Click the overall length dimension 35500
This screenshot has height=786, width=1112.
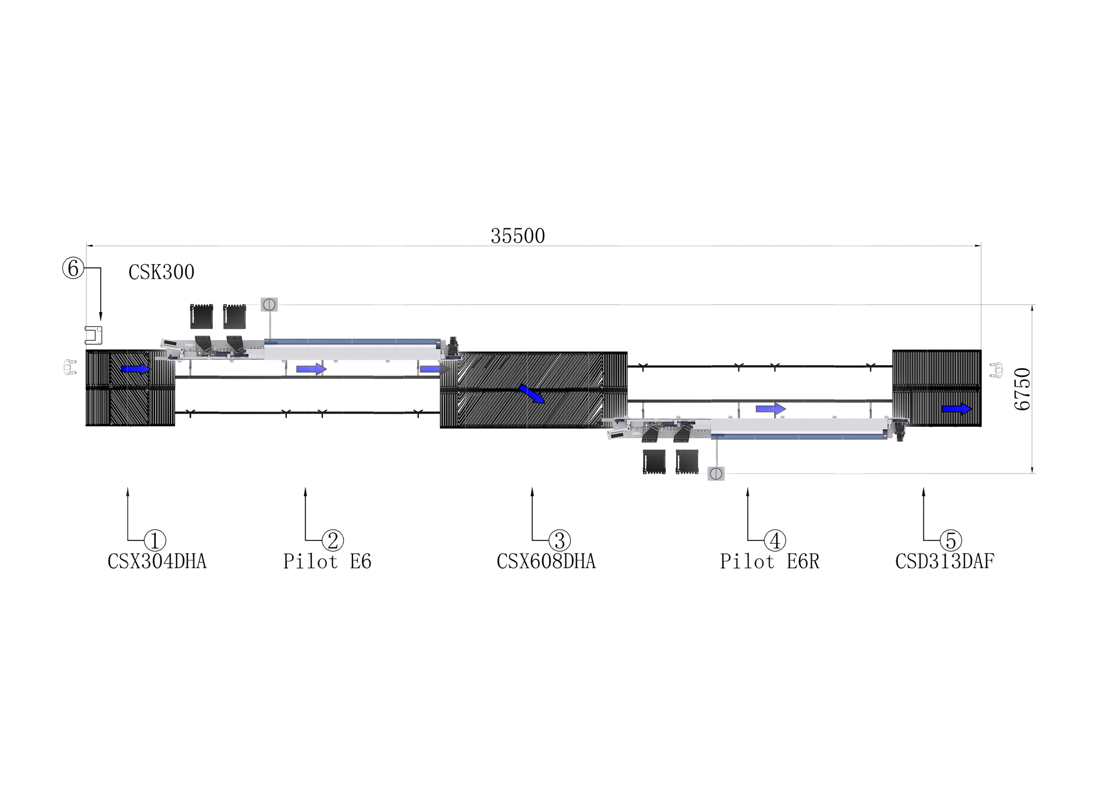tap(518, 236)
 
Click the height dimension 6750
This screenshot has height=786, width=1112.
tap(1022, 389)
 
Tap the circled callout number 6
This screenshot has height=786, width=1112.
tap(73, 268)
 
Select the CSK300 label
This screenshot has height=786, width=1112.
tap(161, 272)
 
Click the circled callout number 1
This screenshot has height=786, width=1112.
tap(155, 540)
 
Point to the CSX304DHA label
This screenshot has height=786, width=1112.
tap(157, 561)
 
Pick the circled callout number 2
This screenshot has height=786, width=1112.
tap(332, 540)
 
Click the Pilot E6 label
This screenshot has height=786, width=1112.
tap(327, 561)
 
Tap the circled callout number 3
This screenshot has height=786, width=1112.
tap(559, 540)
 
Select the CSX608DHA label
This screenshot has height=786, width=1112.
tap(546, 561)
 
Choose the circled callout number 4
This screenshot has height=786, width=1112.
tap(775, 540)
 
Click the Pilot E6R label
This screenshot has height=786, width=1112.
tap(770, 561)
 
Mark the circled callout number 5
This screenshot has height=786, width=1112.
tap(951, 540)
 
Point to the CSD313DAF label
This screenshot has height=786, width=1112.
tap(945, 561)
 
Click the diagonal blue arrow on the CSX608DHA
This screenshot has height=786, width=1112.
tap(532, 394)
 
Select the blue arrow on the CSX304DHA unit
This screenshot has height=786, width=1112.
tap(136, 369)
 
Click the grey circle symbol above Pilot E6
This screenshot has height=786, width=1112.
tap(269, 305)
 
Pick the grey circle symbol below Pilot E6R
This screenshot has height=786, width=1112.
tap(716, 474)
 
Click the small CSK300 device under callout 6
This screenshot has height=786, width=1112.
tap(93, 335)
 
